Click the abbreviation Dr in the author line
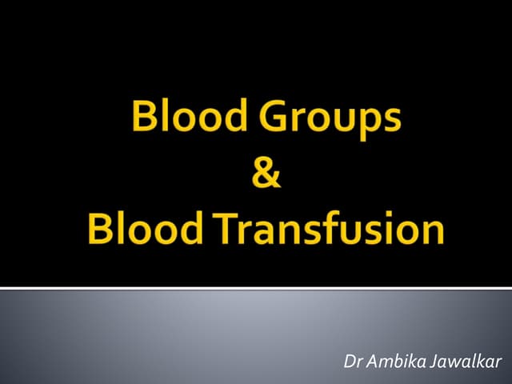pyautogui.click(x=351, y=360)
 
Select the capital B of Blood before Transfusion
pyautogui.click(x=102, y=230)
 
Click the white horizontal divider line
pyautogui.click(x=256, y=287)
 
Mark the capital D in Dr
pyautogui.click(x=348, y=360)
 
